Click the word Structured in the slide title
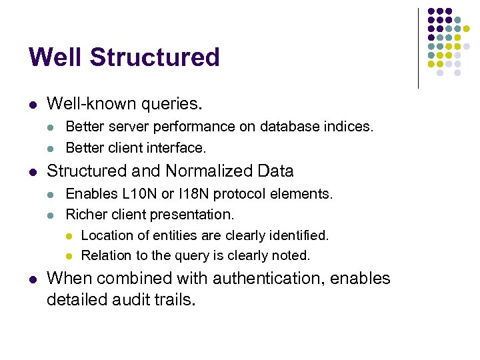pyautogui.click(x=155, y=57)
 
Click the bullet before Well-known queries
pyautogui.click(x=32, y=105)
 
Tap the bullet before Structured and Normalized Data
pyautogui.click(x=32, y=172)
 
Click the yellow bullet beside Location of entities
pyautogui.click(x=68, y=235)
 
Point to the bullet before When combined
pyautogui.click(x=32, y=279)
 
